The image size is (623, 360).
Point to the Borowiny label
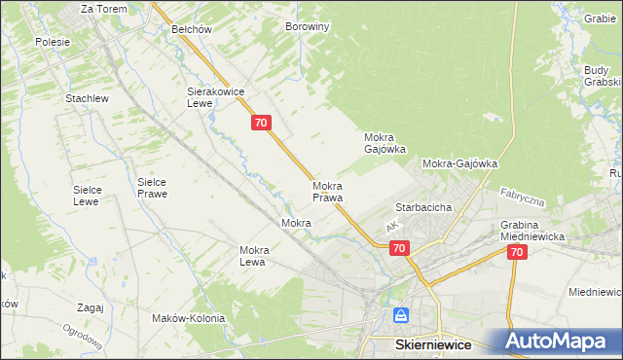coord(308,27)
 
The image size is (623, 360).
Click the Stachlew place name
coord(86,99)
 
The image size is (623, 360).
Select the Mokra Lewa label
coord(253,256)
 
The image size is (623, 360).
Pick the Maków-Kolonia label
coord(188,318)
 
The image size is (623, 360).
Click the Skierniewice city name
coord(433,345)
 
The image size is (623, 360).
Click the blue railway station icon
coord(401,316)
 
